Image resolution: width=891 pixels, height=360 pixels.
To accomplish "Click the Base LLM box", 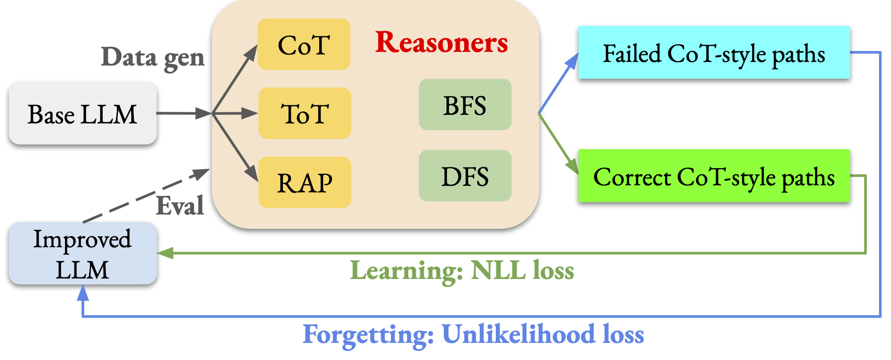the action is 83,113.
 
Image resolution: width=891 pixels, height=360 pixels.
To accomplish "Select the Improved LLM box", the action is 83,253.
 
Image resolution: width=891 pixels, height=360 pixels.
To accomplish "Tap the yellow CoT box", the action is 304,44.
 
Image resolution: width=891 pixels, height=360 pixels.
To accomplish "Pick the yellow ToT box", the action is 305,113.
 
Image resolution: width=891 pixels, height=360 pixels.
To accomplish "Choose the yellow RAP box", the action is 305,182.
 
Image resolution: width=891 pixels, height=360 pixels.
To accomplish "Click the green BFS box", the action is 465,105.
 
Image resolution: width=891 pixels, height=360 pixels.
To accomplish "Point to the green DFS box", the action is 465,176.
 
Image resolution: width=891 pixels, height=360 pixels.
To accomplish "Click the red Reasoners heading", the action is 441,42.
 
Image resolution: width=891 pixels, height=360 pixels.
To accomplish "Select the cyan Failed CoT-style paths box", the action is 714,52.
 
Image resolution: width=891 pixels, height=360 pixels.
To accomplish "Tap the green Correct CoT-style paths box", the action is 714,176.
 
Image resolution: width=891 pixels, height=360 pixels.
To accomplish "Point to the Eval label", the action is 180,205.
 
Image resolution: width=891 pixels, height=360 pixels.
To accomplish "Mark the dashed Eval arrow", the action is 146,195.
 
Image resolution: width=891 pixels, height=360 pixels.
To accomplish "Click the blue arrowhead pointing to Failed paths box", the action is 572,62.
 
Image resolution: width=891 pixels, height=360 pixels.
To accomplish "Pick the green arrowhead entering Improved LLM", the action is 166,253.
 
